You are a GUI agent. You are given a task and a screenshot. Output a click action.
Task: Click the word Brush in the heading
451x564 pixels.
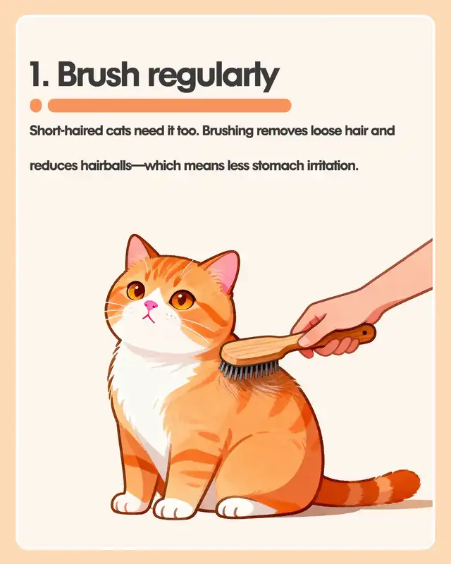[98, 75]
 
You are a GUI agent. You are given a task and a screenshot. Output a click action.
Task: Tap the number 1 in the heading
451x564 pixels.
[37, 75]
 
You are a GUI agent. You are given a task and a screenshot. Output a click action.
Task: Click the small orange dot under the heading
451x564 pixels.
[36, 105]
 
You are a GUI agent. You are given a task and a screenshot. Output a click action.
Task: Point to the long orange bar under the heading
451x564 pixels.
[169, 105]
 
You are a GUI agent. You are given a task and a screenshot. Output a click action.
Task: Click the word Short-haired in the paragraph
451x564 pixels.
[66, 130]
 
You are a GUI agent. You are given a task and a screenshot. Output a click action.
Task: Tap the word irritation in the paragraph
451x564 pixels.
[333, 166]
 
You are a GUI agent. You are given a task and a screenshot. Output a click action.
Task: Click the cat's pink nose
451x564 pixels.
[151, 305]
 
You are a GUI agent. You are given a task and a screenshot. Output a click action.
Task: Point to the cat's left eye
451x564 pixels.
[136, 290]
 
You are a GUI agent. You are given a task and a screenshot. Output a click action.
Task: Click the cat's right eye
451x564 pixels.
[183, 300]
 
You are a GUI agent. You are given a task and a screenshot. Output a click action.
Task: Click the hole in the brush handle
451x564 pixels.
[364, 333]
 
